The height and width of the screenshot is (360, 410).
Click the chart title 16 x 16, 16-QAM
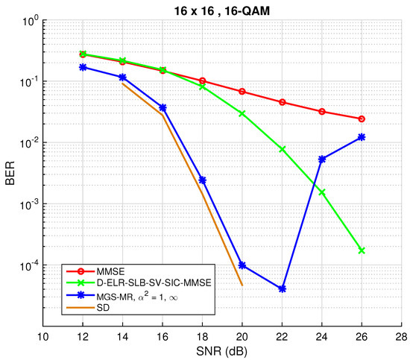[x=226, y=8]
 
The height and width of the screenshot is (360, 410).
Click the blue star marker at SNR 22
[x=282, y=288]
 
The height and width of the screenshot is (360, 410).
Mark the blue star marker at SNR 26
[x=362, y=137]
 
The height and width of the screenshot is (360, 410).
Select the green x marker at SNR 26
[x=362, y=250]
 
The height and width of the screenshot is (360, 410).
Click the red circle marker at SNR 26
[x=362, y=119]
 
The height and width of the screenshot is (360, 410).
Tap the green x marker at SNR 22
[x=282, y=149]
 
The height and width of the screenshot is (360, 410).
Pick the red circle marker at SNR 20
[x=242, y=92]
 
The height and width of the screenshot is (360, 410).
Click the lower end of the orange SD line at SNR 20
[x=242, y=285]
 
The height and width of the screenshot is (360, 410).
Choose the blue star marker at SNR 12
[x=83, y=67]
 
